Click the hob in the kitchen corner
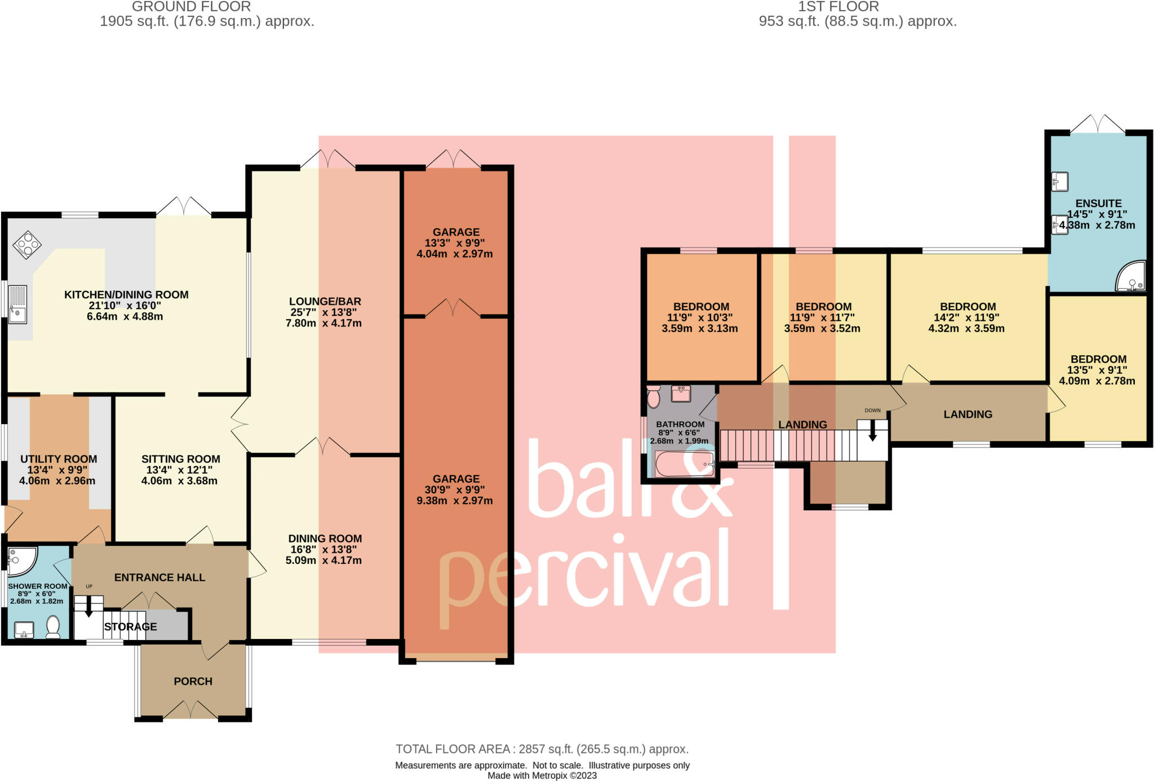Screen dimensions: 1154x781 [27, 245]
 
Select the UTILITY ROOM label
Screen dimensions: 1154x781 [59, 459]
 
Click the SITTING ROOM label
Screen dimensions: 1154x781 [181, 459]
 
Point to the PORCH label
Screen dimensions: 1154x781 [193, 681]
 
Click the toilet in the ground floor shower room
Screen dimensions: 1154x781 [53, 626]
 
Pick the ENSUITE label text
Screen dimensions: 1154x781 [1098, 204]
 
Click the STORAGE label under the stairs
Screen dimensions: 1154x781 [130, 627]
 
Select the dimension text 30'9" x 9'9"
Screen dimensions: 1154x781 [455, 489]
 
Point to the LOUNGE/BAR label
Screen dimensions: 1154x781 [325, 302]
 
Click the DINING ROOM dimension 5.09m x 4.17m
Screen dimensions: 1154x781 [324, 561]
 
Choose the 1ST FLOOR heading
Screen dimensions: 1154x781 [838, 7]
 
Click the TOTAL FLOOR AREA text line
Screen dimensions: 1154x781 [542, 749]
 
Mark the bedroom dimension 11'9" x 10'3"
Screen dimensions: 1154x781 [700, 317]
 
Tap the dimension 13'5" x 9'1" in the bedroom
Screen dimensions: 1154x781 [1097, 370]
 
